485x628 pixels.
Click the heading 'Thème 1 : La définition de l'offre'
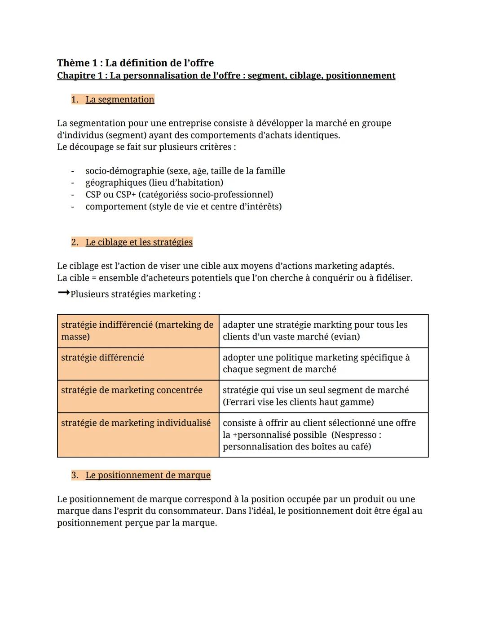click(x=135, y=63)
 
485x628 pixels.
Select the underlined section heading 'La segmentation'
click(x=119, y=99)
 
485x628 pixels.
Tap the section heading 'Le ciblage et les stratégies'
click(x=139, y=242)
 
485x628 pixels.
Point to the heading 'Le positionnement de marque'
click(x=148, y=475)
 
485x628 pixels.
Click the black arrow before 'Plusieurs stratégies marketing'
click(x=63, y=293)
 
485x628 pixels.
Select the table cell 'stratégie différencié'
click(x=103, y=357)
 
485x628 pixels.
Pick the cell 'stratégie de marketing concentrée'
click(x=132, y=390)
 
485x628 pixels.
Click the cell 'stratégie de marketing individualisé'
click(x=136, y=423)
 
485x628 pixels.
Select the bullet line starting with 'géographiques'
click(x=154, y=183)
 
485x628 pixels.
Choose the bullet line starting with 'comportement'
click(x=183, y=207)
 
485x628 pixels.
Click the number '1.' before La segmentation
click(x=75, y=99)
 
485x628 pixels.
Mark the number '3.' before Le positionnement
click(x=75, y=475)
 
